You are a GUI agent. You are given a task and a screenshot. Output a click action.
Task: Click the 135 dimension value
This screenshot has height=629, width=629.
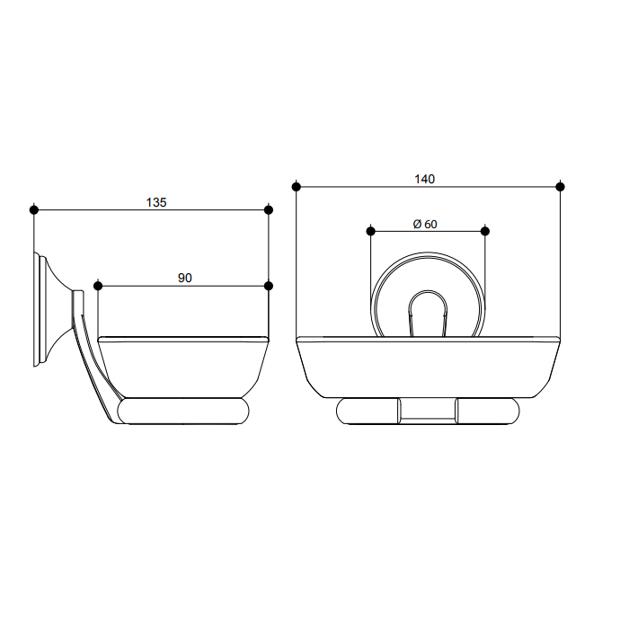click(x=156, y=202)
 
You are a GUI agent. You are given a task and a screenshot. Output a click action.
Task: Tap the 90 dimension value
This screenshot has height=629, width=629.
click(x=185, y=278)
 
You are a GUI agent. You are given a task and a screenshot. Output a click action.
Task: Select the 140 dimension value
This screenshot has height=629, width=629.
click(x=424, y=179)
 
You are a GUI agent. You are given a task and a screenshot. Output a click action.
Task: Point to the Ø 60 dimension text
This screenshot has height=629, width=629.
click(x=425, y=224)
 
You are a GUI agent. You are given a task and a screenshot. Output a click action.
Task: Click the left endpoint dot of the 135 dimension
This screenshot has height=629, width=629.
click(x=34, y=209)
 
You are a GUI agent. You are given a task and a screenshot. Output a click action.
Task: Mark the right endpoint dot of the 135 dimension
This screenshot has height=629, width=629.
click(x=269, y=209)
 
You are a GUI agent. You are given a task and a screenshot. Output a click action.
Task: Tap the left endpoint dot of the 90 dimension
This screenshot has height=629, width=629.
click(x=98, y=286)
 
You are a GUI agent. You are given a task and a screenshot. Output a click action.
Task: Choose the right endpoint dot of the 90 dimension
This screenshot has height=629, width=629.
click(x=269, y=286)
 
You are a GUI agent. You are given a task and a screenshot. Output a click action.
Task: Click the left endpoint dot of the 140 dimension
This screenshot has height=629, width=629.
click(x=296, y=187)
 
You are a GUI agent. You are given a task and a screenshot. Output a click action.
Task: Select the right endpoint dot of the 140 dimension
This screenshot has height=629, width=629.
click(x=561, y=187)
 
